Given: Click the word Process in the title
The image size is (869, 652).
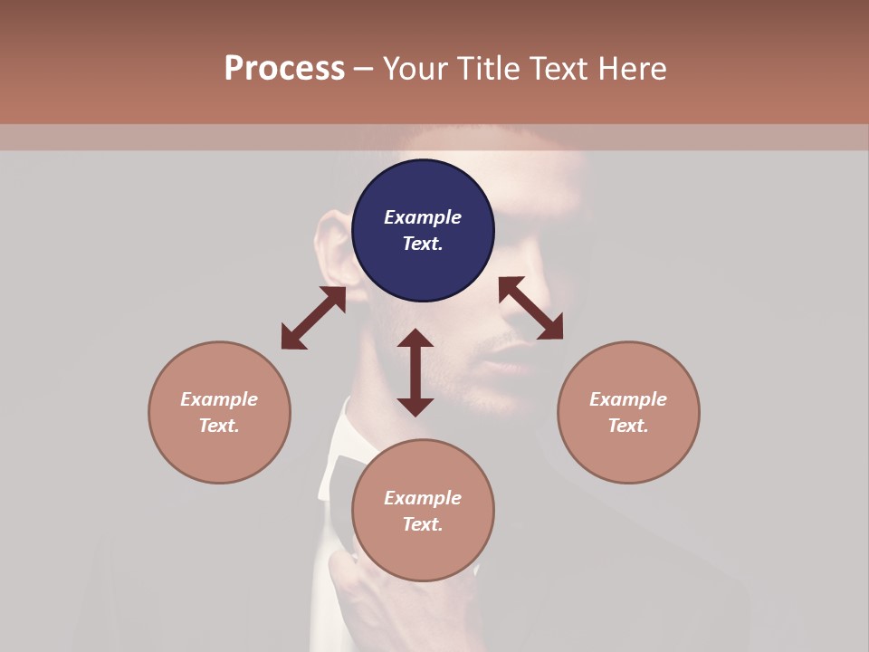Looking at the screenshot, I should coord(284,69).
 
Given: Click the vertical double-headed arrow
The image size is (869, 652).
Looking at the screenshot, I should coord(415,372).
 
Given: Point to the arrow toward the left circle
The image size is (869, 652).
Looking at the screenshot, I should coord(313,318).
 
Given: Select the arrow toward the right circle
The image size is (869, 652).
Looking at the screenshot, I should coord(531,308).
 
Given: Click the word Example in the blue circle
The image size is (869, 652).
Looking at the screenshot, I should coord(423,217).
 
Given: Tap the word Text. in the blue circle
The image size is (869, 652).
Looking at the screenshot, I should coord(423,244).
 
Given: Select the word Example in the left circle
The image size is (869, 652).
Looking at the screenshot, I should coord(219,399).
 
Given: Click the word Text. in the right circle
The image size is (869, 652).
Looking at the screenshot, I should coord(628,426).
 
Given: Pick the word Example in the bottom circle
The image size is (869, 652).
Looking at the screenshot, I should coord(423,498).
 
